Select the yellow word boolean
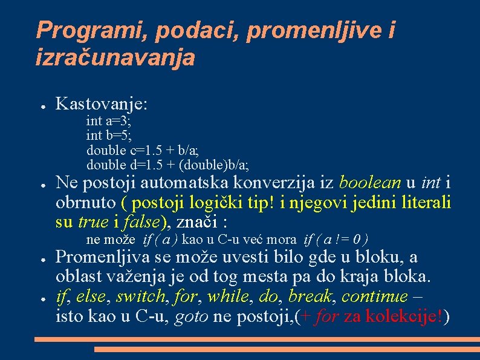point(371,182)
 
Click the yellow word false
point(140,221)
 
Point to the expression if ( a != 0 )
point(336,240)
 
